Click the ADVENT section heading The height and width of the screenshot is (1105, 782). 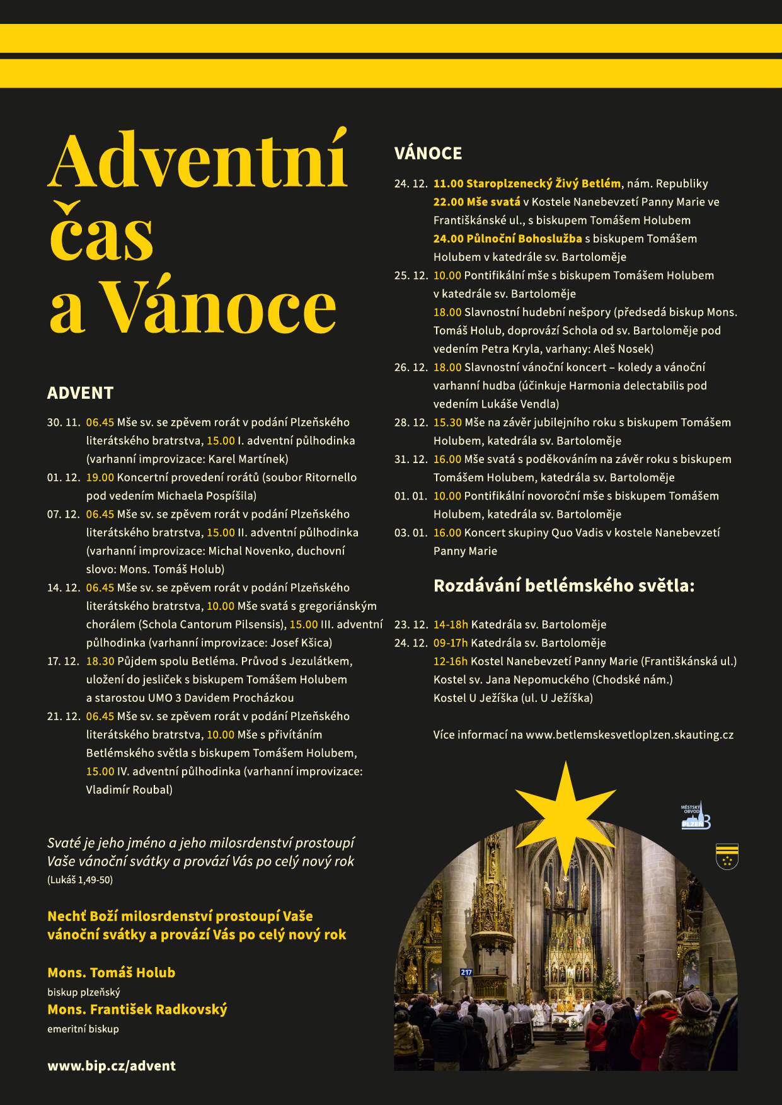80,393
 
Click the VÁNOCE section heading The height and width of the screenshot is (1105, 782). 428,153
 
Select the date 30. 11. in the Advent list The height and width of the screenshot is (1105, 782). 64,422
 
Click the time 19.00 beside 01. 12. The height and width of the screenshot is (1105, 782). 100,478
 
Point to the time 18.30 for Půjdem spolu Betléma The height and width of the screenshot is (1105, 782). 100,661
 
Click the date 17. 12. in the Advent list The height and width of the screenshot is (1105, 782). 64,661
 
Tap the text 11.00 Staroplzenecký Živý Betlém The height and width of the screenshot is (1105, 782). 527,183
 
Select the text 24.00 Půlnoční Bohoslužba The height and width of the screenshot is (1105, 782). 507,239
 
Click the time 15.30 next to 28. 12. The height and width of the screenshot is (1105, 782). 447,422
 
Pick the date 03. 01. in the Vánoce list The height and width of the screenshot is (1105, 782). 411,532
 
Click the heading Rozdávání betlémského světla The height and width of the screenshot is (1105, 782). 563,586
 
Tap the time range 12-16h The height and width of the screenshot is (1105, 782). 450,661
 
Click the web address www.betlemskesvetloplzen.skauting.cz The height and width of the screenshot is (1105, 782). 629,735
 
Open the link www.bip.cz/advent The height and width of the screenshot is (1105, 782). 112,1066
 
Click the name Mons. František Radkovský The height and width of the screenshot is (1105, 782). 137,1009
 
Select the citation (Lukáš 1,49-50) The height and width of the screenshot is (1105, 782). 80,879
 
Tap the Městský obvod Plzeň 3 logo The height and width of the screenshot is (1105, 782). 696,816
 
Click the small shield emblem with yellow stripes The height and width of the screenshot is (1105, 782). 727,857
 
